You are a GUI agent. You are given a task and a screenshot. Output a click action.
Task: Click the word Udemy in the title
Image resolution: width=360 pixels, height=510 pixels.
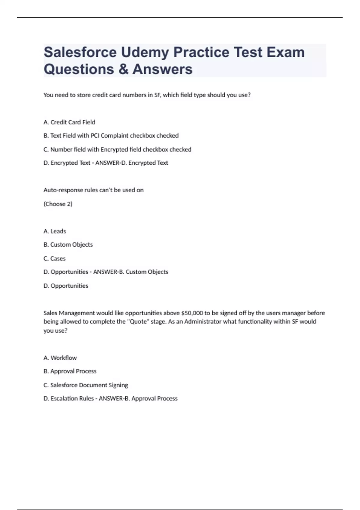[x=145, y=52]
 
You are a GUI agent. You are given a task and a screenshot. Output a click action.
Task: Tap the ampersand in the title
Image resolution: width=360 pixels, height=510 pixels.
[x=123, y=69]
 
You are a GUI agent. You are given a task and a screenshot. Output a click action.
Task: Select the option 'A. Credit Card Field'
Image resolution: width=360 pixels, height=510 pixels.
[x=69, y=122]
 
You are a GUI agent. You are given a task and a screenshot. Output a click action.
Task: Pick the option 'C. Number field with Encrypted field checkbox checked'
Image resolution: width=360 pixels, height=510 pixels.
[x=117, y=149]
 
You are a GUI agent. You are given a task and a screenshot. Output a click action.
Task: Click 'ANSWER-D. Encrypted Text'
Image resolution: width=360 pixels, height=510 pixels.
[x=132, y=163]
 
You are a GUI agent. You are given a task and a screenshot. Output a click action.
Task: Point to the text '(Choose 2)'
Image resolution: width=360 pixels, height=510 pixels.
[x=58, y=204]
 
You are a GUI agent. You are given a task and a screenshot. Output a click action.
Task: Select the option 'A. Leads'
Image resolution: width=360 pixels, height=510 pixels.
[x=55, y=231]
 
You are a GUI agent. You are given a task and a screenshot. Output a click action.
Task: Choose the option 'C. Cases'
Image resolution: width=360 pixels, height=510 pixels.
[x=54, y=258]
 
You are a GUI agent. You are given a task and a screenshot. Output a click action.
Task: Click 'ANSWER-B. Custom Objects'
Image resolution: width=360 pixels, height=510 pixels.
[x=131, y=272]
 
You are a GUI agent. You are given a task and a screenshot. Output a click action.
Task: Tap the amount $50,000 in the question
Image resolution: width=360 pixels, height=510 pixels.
[x=192, y=313]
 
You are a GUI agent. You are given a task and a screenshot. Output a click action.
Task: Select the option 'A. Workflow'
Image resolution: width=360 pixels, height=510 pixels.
[x=60, y=358]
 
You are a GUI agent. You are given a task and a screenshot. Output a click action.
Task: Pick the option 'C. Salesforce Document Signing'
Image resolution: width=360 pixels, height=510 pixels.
[x=85, y=385]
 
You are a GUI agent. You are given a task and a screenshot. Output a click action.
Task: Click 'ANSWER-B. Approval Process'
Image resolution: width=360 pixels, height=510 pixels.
[x=138, y=398]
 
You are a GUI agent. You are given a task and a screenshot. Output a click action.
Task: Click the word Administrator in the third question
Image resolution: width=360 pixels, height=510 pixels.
[x=202, y=322]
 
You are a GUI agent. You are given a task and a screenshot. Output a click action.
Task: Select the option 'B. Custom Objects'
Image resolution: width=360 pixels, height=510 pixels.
[x=68, y=245]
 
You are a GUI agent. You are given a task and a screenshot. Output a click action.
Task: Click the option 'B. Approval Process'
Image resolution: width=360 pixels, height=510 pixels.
[x=70, y=371]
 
